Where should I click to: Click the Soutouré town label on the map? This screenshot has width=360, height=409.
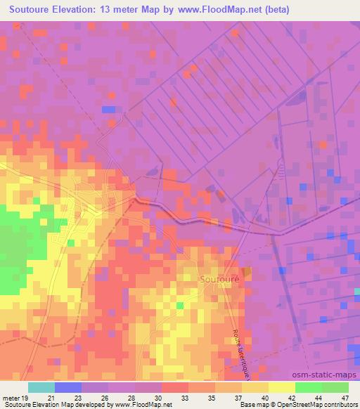pyautogui.click(x=219, y=279)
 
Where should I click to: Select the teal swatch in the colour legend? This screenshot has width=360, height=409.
pyautogui.click(x=41, y=387)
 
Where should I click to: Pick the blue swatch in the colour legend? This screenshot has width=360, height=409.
pyautogui.click(x=67, y=387)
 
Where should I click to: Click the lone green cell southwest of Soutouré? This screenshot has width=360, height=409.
pyautogui.click(x=180, y=305)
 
